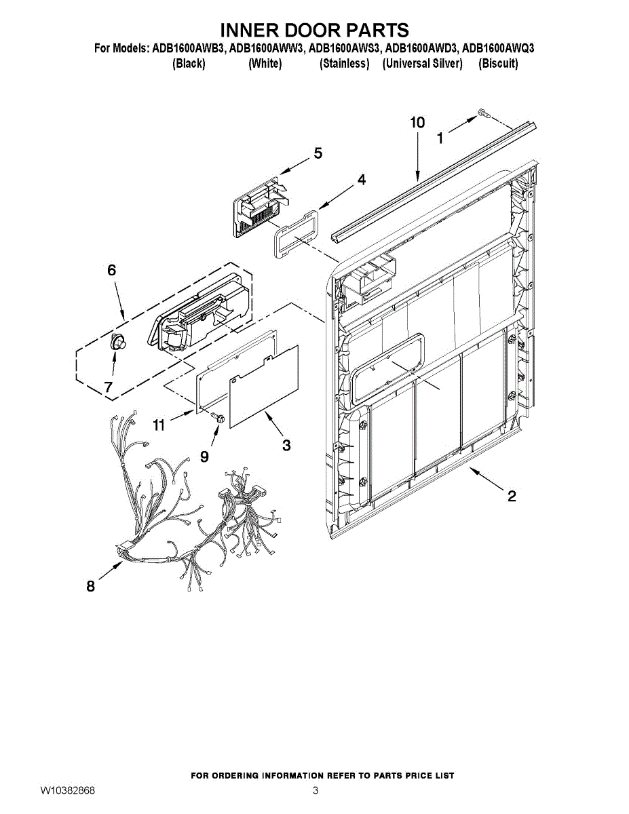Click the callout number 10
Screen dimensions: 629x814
(417, 123)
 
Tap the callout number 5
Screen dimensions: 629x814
(318, 153)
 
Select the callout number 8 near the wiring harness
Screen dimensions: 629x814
(91, 586)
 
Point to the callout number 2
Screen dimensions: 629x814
(512, 496)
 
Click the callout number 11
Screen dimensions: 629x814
(159, 425)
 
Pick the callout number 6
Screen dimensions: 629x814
(112, 270)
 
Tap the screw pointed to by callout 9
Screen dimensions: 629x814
(218, 416)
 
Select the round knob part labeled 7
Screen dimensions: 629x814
(118, 342)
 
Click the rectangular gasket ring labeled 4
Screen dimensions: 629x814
(296, 234)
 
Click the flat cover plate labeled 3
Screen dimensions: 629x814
(264, 386)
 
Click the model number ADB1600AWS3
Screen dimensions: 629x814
(343, 48)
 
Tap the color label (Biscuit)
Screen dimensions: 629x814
(498, 64)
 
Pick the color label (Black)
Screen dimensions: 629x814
(189, 64)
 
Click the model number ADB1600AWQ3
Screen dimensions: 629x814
(498, 48)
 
